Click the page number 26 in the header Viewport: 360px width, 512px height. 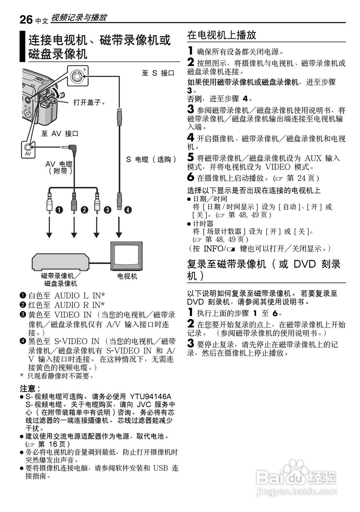[x=26, y=18]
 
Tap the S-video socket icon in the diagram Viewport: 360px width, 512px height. [x=76, y=75]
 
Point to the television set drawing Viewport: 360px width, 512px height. [x=127, y=256]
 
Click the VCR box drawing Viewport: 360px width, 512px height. [x=60, y=262]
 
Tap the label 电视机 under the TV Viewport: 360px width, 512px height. [x=127, y=276]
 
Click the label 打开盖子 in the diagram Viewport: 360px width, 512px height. [x=89, y=102]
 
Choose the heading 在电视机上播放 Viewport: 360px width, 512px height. [x=222, y=35]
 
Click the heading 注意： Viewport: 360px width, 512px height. [x=30, y=388]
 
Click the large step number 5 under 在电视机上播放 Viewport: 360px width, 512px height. [x=191, y=157]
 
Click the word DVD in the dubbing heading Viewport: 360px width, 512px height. [x=305, y=264]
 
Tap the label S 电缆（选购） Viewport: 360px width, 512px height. [x=151, y=159]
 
